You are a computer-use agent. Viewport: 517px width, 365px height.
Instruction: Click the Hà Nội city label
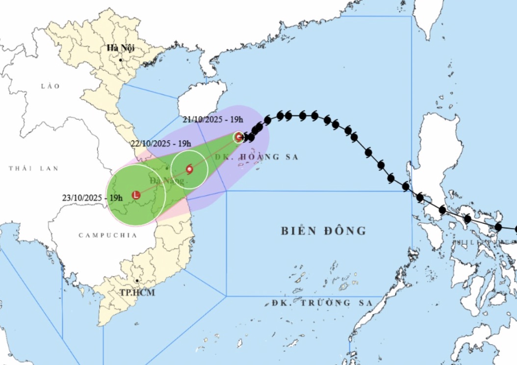(121, 48)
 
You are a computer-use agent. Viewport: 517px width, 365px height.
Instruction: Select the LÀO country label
(50, 86)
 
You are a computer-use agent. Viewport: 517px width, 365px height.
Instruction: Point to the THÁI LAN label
(33, 168)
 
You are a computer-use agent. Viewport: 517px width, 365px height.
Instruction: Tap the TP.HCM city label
(137, 293)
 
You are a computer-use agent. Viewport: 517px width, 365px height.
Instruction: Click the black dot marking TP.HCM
(137, 281)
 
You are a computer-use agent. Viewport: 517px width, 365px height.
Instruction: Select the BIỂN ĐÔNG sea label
(324, 231)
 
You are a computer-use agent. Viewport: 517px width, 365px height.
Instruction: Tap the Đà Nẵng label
(167, 181)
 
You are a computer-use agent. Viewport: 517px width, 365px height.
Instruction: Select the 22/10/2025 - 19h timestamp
(160, 144)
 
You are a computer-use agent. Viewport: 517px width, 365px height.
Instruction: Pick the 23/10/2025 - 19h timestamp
(92, 197)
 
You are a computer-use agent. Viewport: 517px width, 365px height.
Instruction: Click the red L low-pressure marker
(136, 195)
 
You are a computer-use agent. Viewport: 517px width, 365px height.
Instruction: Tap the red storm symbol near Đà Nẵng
(189, 170)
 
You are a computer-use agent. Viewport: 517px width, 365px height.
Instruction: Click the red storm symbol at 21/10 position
(239, 137)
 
